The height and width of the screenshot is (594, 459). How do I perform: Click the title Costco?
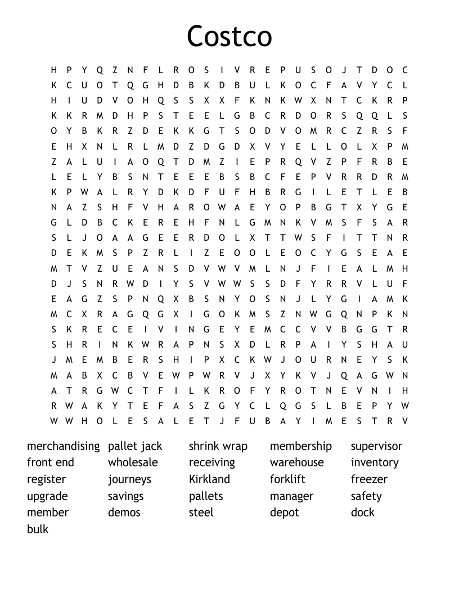(x=229, y=37)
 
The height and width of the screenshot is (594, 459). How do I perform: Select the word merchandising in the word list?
(x=63, y=446)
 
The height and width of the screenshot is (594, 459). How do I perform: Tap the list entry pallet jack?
(x=135, y=446)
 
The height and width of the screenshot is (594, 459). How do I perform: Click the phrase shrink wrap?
(x=218, y=446)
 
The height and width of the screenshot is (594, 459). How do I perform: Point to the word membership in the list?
(x=301, y=446)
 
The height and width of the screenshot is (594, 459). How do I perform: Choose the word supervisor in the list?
(x=376, y=446)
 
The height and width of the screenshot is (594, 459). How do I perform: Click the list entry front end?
(x=51, y=462)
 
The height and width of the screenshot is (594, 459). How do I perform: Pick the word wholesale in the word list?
(x=133, y=462)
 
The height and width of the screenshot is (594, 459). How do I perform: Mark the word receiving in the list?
(x=212, y=462)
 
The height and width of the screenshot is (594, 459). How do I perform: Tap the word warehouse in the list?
(x=297, y=462)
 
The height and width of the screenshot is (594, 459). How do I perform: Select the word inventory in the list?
(x=375, y=462)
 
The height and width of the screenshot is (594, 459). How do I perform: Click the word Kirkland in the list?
(x=209, y=479)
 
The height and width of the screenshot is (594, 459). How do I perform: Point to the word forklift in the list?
(x=287, y=479)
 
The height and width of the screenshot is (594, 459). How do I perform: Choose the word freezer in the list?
(x=369, y=479)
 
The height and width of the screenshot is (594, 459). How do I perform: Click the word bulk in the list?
(x=38, y=529)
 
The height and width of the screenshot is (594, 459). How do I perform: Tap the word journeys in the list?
(x=129, y=480)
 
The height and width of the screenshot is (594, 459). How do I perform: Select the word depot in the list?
(x=285, y=513)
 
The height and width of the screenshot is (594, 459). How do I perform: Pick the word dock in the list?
(x=363, y=512)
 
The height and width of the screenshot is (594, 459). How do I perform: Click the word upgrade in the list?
(x=47, y=497)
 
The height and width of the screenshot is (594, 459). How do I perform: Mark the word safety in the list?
(x=366, y=496)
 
